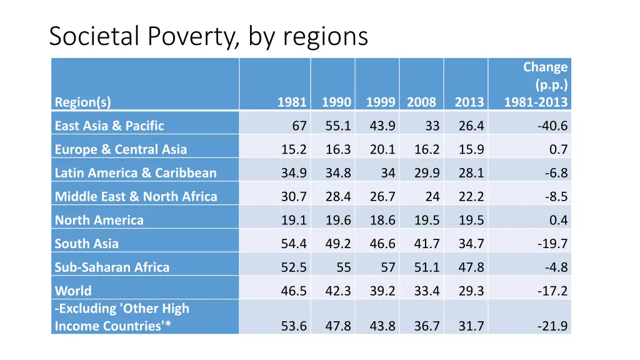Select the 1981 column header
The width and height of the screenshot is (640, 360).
tap(292, 102)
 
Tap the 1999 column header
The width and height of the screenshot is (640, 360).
tap(381, 102)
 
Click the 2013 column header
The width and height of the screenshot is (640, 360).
tap(469, 102)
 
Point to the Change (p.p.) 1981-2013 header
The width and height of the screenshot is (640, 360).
tap(536, 85)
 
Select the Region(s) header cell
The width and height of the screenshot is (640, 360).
tap(82, 102)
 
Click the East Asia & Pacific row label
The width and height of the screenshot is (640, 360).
tap(109, 126)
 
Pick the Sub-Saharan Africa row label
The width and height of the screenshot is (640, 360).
tap(112, 267)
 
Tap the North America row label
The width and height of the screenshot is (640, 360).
tap(99, 220)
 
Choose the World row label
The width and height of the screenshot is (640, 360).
tap(73, 291)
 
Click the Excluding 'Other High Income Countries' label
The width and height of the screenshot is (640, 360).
tap(122, 317)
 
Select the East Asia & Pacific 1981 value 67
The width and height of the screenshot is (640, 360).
tap(299, 126)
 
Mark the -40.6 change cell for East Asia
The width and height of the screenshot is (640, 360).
tap(552, 126)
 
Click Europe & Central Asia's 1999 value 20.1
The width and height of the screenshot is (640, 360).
tap(382, 149)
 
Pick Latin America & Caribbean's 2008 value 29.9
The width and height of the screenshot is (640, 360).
tap(426, 173)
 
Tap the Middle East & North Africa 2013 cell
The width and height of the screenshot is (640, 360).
tap(471, 196)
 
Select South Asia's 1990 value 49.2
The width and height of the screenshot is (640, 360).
tap(338, 244)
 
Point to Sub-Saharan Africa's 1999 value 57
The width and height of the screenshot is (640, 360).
tap(388, 267)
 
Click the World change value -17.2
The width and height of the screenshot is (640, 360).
tap(552, 291)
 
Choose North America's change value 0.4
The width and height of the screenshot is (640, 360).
tap(557, 220)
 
